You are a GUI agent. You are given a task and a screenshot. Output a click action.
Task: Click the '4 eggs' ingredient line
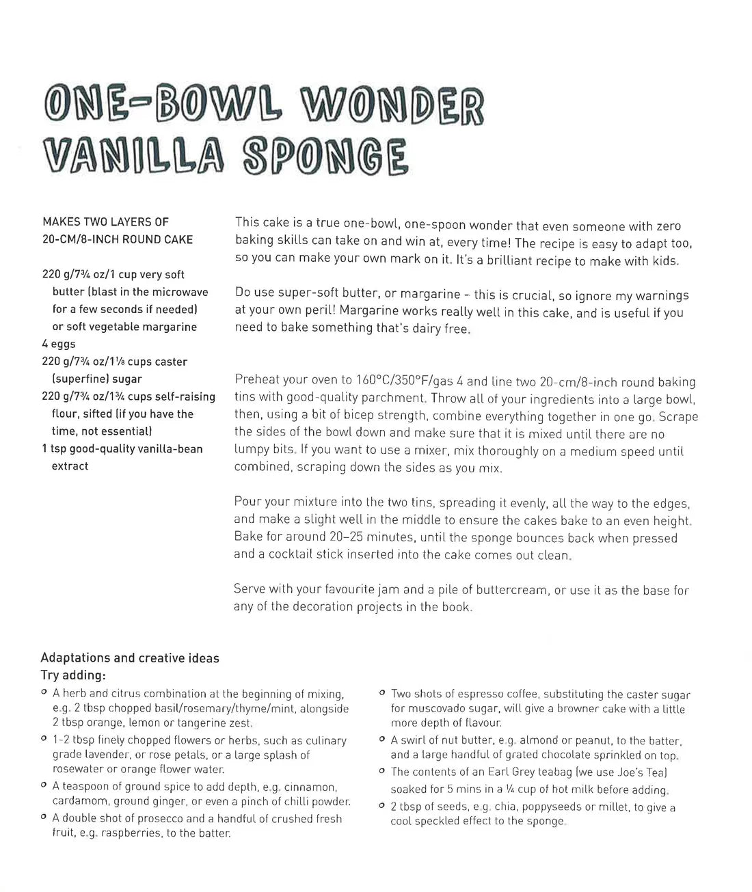(x=59, y=344)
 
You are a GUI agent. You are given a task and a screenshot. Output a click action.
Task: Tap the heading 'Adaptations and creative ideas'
(x=130, y=658)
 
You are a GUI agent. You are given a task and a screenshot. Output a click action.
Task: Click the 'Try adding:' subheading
(x=73, y=675)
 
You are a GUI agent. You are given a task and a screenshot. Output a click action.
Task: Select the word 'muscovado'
(x=420, y=709)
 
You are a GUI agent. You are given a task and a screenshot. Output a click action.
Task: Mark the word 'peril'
(x=318, y=312)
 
